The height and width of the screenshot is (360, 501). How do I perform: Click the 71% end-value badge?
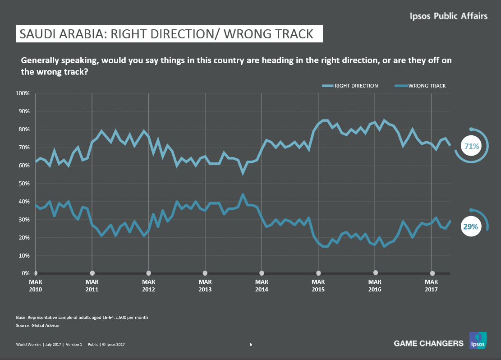tap(471, 146)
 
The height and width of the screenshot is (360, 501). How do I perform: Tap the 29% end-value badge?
tap(470, 227)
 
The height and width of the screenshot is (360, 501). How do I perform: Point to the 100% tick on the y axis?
tap(22, 93)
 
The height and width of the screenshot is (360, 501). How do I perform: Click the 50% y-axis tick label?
tap(23, 184)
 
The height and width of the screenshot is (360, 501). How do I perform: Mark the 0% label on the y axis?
tap(25, 273)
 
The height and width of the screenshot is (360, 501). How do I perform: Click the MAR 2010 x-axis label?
tap(35, 285)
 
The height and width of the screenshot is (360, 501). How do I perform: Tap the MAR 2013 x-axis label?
tap(205, 285)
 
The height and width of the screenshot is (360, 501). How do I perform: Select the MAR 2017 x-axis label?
tap(432, 285)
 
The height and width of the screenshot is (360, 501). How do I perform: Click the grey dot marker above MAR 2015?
tap(318, 273)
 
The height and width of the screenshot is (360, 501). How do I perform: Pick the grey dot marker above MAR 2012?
tap(149, 273)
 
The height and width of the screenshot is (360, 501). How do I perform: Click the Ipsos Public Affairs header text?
tap(448, 16)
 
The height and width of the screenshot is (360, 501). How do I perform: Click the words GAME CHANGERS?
tap(428, 343)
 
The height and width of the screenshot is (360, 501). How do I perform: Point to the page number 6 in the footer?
tap(251, 345)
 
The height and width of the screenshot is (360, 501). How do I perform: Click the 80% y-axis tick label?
tap(23, 129)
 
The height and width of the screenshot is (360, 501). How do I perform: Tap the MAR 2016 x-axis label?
tap(375, 285)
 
